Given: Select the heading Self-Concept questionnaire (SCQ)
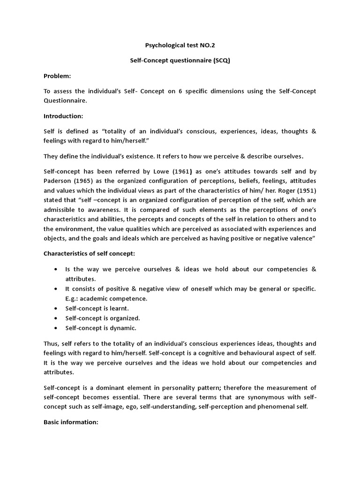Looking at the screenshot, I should (180, 61).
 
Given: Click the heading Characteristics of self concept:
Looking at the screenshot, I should (90, 253).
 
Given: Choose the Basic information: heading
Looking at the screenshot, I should (71, 422).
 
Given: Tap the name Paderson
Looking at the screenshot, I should (59, 180).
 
